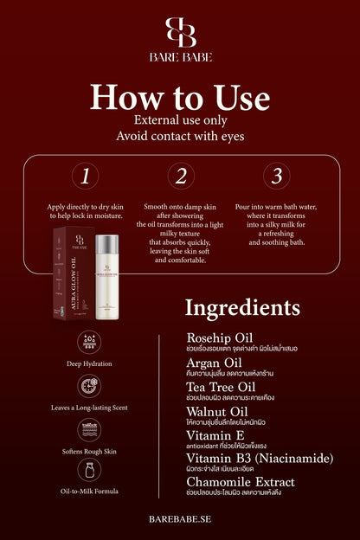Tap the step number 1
tap(85, 177)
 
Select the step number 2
tap(181, 177)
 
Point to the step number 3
tap(276, 177)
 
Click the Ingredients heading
tap(243, 308)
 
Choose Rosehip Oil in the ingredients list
tap(219, 337)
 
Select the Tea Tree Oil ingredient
tap(221, 386)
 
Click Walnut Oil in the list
tap(216, 410)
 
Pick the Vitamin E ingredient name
tap(214, 434)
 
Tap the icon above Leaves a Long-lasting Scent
tap(88, 386)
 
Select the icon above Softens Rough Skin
tap(88, 428)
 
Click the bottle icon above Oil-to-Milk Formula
tap(88, 471)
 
